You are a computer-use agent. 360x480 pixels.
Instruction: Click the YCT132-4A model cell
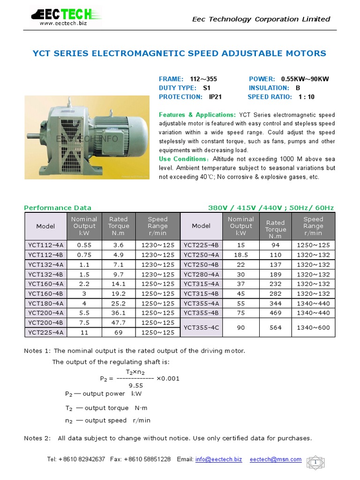click(x=47, y=265)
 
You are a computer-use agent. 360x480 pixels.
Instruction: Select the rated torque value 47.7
click(x=118, y=322)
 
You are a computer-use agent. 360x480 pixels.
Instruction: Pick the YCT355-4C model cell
click(x=201, y=327)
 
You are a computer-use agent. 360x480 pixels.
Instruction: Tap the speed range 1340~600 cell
click(x=313, y=327)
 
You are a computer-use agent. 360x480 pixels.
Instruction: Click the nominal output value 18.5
click(x=241, y=255)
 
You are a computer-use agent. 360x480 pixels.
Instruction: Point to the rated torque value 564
click(x=276, y=327)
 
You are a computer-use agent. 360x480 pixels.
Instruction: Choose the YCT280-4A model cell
click(x=201, y=274)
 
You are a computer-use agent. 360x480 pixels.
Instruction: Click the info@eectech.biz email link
click(x=218, y=459)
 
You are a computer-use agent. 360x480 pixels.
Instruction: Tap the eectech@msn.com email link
click(x=276, y=459)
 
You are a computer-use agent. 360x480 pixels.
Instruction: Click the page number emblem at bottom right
click(x=316, y=463)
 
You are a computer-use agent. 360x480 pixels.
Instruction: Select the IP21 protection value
click(x=215, y=97)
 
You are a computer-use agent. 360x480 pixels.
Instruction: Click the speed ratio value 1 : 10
click(x=305, y=97)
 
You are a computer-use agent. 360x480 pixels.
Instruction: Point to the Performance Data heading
click(x=58, y=208)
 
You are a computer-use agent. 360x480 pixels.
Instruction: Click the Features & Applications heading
click(x=197, y=114)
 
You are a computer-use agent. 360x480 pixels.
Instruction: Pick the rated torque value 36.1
click(x=118, y=313)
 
